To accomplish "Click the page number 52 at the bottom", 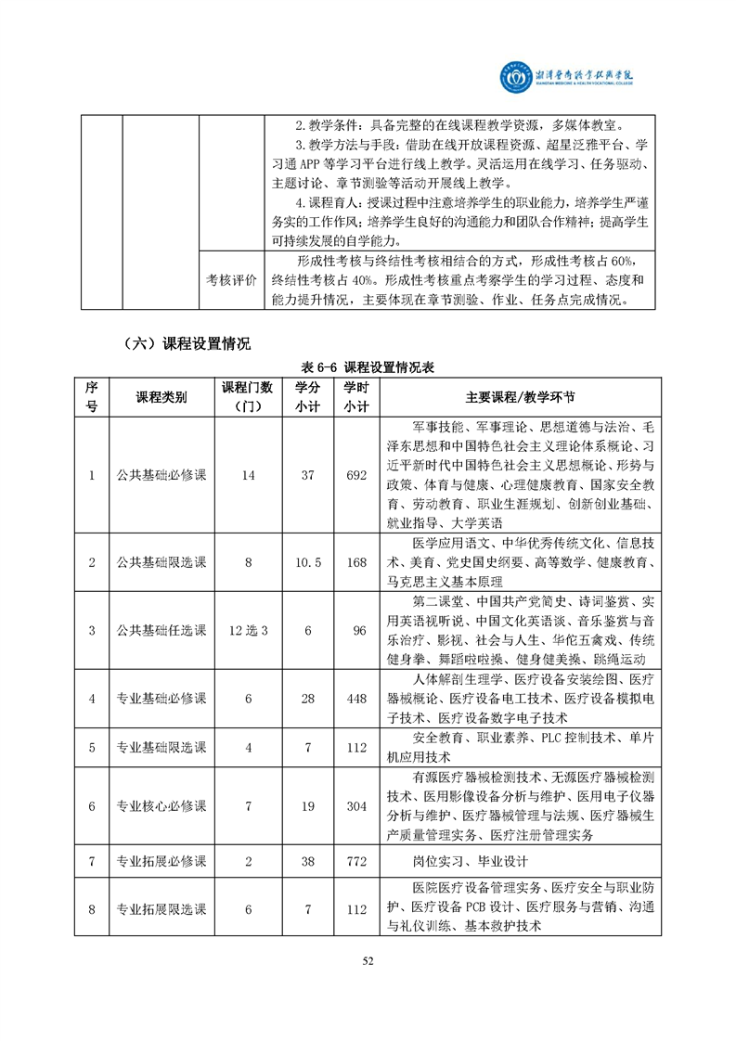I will click(368, 960).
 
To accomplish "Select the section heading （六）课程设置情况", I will click(186, 343).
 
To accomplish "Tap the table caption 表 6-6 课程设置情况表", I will click(368, 366).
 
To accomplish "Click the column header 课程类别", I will click(161, 397).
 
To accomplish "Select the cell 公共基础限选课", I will click(161, 562).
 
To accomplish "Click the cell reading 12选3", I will click(248, 631).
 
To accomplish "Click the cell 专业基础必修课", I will click(161, 699).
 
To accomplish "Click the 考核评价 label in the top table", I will click(231, 280).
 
